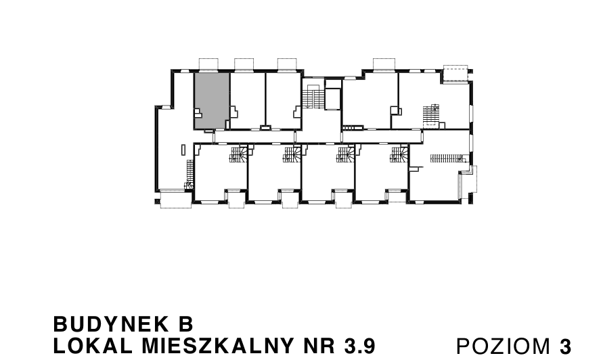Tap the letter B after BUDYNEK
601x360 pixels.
(186, 324)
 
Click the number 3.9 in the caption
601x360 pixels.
(359, 346)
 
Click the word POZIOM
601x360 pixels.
(503, 346)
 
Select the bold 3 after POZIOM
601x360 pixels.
(565, 346)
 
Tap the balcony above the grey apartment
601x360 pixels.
(208, 64)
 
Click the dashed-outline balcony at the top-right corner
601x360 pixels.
(455, 74)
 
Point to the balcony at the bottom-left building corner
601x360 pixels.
(175, 200)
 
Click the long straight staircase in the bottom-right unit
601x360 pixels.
(447, 158)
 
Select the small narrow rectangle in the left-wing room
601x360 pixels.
(183, 150)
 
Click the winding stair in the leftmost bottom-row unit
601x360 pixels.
(238, 154)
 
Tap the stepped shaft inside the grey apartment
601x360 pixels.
(198, 113)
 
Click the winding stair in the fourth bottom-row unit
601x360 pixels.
(399, 154)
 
